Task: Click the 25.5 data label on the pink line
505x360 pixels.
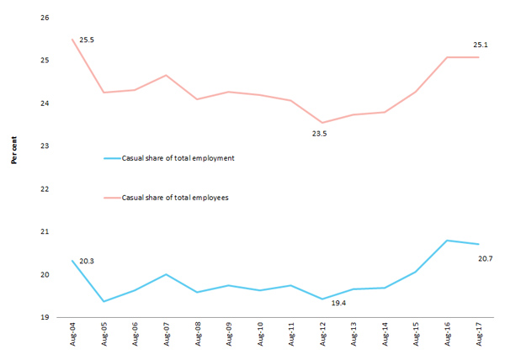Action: coord(87,40)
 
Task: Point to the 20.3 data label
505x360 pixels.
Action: coord(87,262)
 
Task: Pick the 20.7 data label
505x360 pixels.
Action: coord(484,258)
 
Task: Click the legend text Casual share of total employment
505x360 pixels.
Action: coord(178,157)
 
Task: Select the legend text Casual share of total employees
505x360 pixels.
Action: coord(176,198)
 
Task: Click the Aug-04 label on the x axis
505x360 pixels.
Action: coord(72,338)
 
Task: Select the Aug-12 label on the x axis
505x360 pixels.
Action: coord(322,338)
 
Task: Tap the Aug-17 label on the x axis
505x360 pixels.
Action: coord(479,338)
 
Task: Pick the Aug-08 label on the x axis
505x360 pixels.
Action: coord(197,338)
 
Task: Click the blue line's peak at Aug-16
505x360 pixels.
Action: coord(448,241)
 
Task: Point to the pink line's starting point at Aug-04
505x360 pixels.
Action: coord(72,40)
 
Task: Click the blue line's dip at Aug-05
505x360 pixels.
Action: coord(104,301)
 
